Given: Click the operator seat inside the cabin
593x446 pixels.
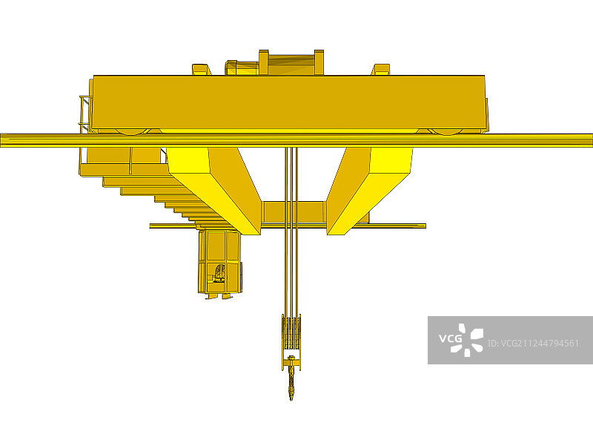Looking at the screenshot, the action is (x=219, y=274).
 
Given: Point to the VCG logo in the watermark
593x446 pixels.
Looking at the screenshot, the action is (x=461, y=340).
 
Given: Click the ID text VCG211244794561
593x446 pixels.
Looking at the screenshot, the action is (x=533, y=344).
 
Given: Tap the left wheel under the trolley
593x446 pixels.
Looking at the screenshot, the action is (x=133, y=131).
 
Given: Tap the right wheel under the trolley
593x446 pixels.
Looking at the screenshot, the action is (x=445, y=131).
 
